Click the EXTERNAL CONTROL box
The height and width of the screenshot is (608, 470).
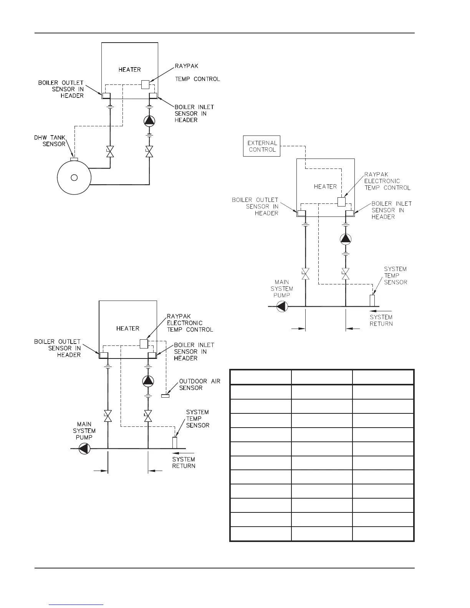coord(262,146)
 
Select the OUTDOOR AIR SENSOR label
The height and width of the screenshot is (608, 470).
coord(200,385)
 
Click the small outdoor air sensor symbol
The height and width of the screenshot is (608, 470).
coord(165,396)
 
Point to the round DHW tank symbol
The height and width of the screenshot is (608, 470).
coord(74,177)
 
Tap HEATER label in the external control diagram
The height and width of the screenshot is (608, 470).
coord(325,187)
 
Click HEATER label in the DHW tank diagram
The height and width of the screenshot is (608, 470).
coord(130,69)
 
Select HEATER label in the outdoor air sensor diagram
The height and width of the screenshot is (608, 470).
coord(128,329)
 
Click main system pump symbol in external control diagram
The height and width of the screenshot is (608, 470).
coord(282,307)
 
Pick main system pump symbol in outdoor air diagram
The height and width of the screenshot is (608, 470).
coord(84,448)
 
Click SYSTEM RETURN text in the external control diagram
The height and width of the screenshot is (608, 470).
coord(381,320)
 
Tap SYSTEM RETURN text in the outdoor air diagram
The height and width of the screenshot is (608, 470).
coord(184,463)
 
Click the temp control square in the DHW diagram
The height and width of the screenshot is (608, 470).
coord(145,84)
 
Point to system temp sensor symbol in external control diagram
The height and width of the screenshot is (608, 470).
coord(372,300)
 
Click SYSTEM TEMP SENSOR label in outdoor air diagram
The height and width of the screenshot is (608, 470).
coord(198,418)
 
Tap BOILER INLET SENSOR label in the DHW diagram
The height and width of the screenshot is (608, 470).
coord(194,113)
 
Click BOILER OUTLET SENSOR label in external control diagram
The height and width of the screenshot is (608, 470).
coord(255,207)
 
